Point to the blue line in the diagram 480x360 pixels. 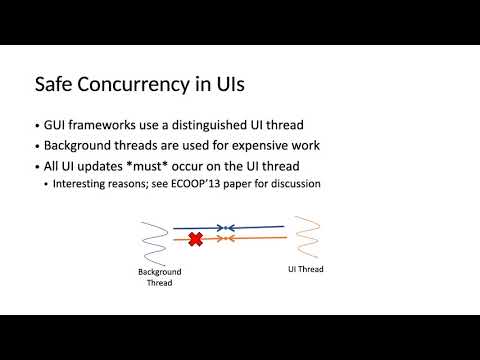click(x=240, y=229)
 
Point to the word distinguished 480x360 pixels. click(x=224, y=126)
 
